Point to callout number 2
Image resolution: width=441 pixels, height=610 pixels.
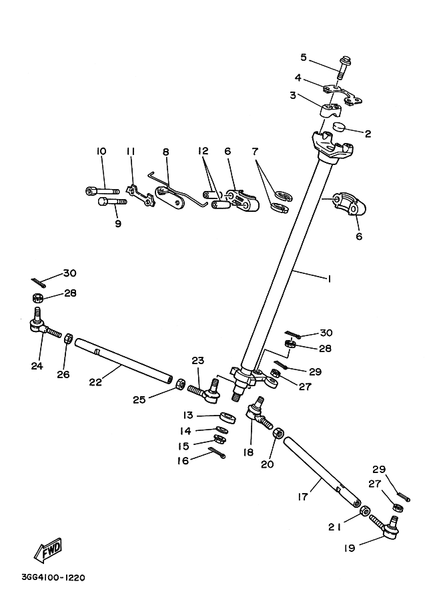click(x=367, y=134)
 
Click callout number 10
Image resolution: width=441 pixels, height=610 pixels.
click(x=101, y=152)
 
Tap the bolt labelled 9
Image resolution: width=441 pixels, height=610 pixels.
click(x=111, y=201)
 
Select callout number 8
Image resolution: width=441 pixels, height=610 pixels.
click(x=165, y=152)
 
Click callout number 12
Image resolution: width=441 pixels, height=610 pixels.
click(x=204, y=152)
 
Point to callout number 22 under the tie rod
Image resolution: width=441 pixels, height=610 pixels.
click(x=96, y=382)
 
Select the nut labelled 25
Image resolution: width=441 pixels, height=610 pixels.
click(x=180, y=385)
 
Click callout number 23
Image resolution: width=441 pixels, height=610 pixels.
click(x=197, y=361)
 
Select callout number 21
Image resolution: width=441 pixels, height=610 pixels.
click(x=336, y=526)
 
